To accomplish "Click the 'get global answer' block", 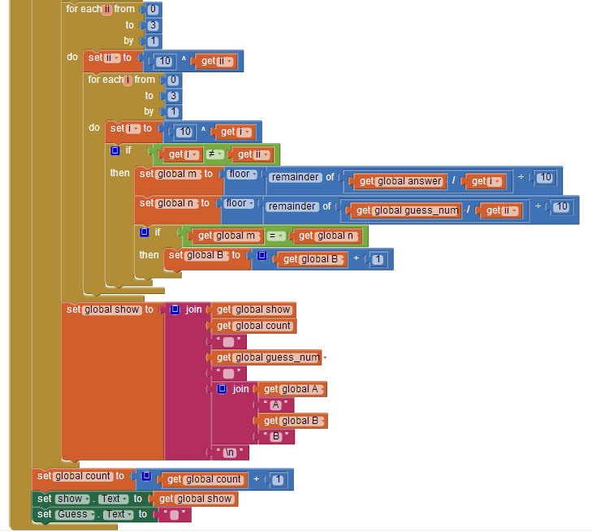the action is [x=400, y=181].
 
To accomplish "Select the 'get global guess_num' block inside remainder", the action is [x=405, y=210].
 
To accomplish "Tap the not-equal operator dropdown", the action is [x=214, y=154].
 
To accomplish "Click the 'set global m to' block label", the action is [x=176, y=174].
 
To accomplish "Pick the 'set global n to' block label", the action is [x=175, y=203].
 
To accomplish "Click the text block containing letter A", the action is [x=276, y=404].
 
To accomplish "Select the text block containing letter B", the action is [x=276, y=436].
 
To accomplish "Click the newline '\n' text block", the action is [x=230, y=452].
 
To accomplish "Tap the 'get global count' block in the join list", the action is [x=253, y=326].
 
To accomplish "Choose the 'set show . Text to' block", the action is [x=92, y=499].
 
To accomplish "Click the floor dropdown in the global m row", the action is [x=242, y=174].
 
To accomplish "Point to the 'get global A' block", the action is [x=292, y=389].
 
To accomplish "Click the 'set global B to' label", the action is [x=205, y=255].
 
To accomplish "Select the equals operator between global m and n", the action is [x=275, y=236].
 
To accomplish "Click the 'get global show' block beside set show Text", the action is [x=195, y=499].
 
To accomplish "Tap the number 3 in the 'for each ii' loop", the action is [x=153, y=25].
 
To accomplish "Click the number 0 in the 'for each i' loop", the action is [x=173, y=80].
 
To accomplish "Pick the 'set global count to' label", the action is [x=80, y=476].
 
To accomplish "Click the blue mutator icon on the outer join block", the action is [x=175, y=309].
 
